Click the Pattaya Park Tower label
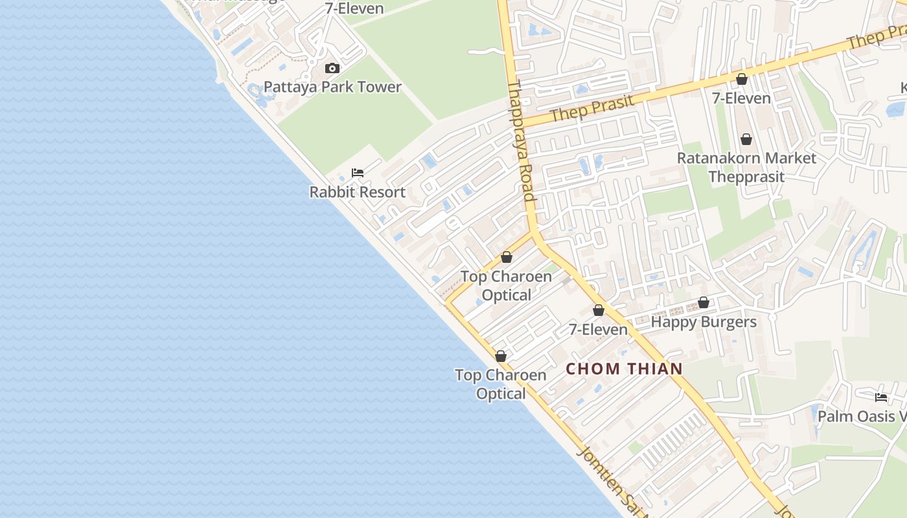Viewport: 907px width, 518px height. tap(332, 87)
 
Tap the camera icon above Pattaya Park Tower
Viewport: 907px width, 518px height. tap(332, 68)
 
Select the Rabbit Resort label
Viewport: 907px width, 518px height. tap(357, 192)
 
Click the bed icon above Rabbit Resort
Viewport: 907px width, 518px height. tap(357, 173)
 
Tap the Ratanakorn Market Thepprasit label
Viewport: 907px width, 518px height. tap(746, 167)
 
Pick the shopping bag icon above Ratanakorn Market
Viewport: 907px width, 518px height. tap(746, 139)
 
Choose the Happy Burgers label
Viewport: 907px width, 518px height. tap(704, 322)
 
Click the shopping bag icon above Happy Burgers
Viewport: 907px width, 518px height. tap(704, 302)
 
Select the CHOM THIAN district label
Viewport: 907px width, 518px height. tap(625, 369)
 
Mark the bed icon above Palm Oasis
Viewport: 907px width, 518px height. tap(880, 397)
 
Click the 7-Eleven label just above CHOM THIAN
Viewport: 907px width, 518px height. tap(598, 330)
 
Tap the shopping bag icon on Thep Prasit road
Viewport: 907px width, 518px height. tap(742, 79)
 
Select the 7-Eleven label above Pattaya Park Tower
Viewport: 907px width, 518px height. tap(356, 8)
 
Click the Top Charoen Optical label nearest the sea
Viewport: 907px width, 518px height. tap(500, 384)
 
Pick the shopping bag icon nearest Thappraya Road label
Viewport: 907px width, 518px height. tap(507, 257)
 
